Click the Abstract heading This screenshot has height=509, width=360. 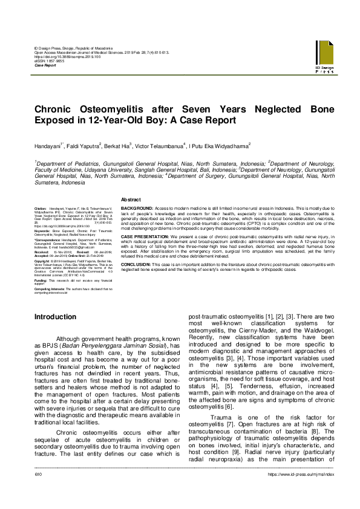click(x=131, y=199)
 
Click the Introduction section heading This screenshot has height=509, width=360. click(x=55, y=317)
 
